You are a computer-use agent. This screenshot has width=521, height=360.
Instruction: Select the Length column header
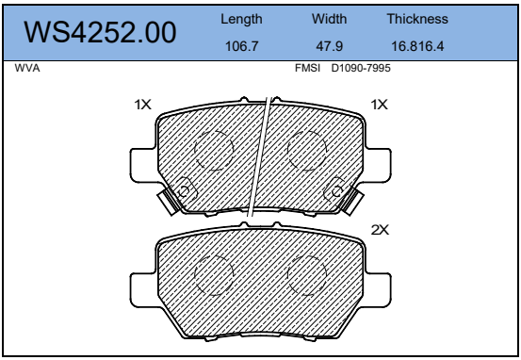241,19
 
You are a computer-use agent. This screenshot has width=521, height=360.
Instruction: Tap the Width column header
330,19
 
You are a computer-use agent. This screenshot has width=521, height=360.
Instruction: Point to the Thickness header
417,19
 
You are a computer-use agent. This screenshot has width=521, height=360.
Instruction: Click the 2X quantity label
380,229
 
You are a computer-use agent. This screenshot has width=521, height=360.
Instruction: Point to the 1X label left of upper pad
142,106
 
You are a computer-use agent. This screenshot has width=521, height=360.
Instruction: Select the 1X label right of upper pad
380,106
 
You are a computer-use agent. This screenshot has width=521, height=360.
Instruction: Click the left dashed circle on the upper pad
213,150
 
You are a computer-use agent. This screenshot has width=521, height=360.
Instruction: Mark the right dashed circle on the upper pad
306,150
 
